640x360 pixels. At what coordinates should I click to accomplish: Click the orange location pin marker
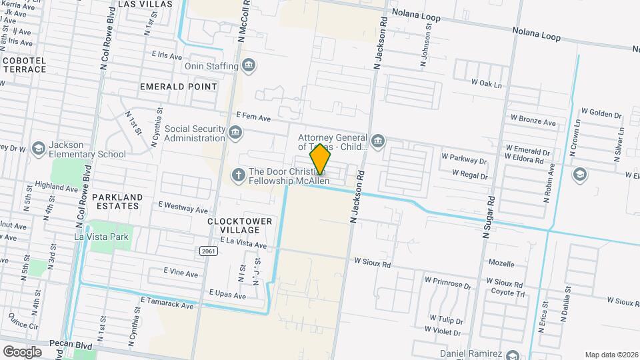click(321, 159)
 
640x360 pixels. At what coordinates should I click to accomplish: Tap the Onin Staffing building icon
click(249, 65)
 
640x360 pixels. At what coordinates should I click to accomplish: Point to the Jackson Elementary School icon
click(39, 149)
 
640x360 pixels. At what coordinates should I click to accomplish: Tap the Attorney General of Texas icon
click(378, 141)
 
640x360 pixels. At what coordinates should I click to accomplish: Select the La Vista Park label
click(102, 236)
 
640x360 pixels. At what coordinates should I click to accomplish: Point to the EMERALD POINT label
click(179, 87)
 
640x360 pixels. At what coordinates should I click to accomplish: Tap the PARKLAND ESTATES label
click(117, 201)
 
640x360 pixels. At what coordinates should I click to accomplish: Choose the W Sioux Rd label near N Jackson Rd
click(372, 262)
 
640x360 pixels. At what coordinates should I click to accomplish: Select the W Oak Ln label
click(486, 83)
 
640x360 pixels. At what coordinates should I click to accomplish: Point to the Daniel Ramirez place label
click(471, 353)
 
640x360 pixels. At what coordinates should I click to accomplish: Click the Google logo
click(23, 351)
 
